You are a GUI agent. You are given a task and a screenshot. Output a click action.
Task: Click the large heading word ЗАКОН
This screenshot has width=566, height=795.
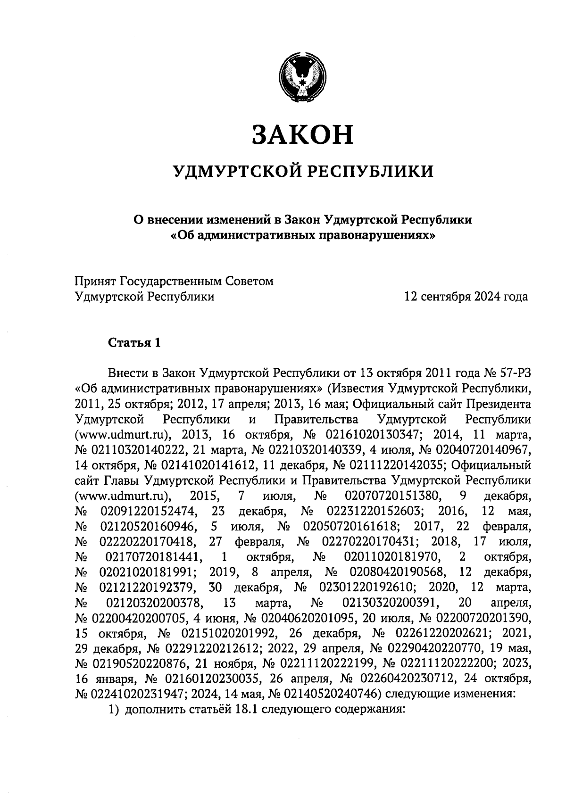pos(302,134)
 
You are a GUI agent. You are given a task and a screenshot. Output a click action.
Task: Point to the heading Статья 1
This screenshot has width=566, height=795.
pos(135,343)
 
